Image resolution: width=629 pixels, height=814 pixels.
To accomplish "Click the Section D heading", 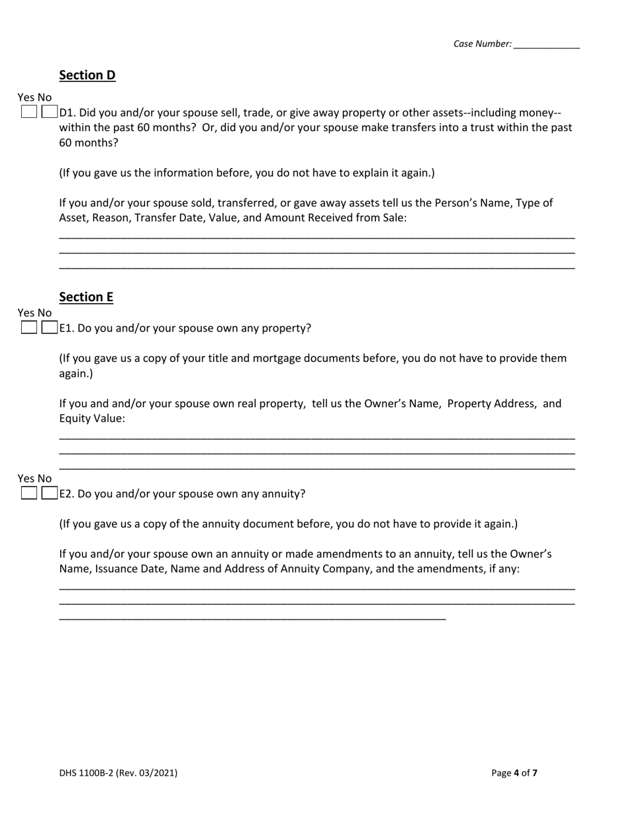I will [87, 75].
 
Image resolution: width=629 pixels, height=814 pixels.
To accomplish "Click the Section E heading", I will [86, 297].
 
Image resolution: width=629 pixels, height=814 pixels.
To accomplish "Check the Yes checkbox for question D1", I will [28, 112].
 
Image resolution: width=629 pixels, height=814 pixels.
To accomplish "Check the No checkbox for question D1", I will [49, 112].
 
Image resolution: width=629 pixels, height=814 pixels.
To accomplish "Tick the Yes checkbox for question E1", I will [28, 328].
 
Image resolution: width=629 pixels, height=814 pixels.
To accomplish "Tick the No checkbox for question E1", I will [49, 328].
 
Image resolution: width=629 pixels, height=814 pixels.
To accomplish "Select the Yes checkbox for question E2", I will [28, 493].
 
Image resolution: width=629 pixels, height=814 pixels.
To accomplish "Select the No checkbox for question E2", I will [49, 493].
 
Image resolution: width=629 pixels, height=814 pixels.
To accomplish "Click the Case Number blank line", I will [546, 45].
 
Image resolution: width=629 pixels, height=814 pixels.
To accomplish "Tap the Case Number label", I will [482, 44].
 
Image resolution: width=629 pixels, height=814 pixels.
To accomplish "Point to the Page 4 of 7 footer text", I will [514, 772].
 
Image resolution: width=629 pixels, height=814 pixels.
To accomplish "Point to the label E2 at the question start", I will [67, 494].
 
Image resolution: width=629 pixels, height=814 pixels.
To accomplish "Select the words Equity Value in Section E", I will [92, 419].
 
